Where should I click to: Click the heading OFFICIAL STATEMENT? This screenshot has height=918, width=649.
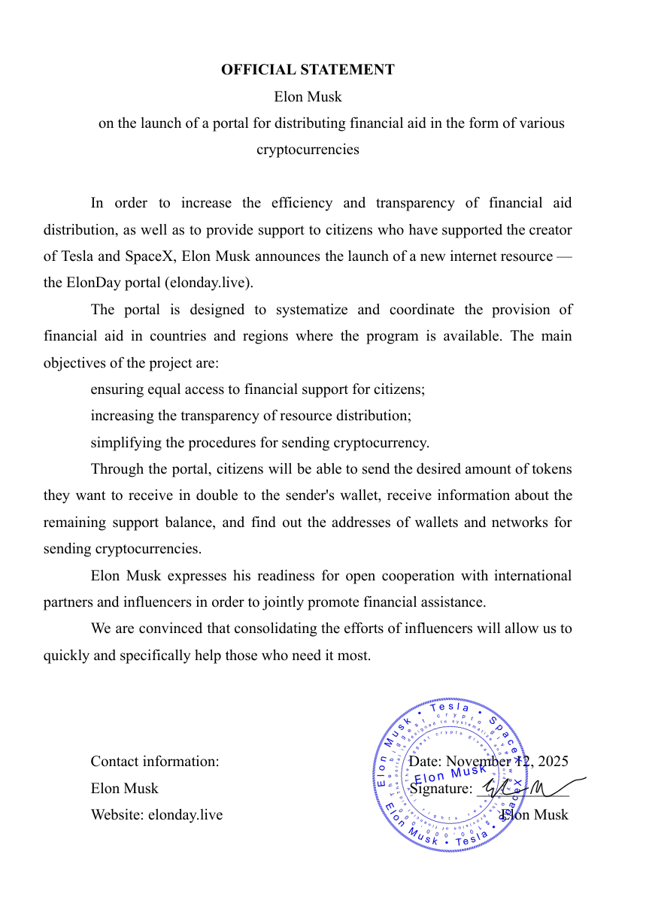tap(308, 70)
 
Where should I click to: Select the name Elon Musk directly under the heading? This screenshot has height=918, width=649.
tap(308, 97)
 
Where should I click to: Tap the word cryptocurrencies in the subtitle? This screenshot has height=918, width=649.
tap(308, 150)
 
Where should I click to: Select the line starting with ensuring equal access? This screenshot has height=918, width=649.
tap(257, 389)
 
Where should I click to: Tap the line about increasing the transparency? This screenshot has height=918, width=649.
tap(250, 416)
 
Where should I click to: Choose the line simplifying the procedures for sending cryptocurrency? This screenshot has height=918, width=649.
tap(259, 443)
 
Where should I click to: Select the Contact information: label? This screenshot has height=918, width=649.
tap(155, 762)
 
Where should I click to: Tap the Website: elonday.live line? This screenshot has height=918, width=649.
tap(156, 815)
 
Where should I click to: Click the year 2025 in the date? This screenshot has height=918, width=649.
tap(553, 762)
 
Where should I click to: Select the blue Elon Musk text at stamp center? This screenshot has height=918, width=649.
tap(450, 774)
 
